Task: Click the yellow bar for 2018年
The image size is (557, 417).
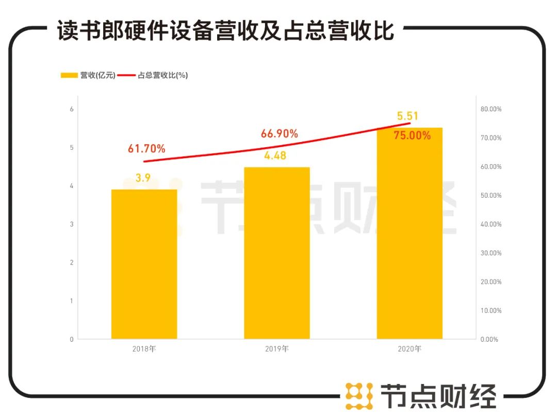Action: pyautogui.click(x=144, y=264)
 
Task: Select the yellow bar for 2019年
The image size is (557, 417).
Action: pyautogui.click(x=277, y=253)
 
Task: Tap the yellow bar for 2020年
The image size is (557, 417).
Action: pyautogui.click(x=409, y=233)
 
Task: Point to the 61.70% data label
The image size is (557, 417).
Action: pyautogui.click(x=146, y=149)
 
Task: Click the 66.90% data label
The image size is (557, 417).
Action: pyautogui.click(x=280, y=134)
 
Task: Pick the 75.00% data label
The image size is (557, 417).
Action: pyautogui.click(x=412, y=136)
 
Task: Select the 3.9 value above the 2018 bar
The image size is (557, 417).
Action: pyautogui.click(x=143, y=179)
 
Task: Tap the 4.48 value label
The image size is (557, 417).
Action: pyautogui.click(x=275, y=155)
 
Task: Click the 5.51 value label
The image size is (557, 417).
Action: pyautogui.click(x=407, y=116)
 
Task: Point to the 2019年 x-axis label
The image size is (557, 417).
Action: pyautogui.click(x=277, y=349)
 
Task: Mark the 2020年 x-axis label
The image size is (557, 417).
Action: pyautogui.click(x=409, y=349)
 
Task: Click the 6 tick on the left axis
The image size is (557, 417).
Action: pyautogui.click(x=72, y=109)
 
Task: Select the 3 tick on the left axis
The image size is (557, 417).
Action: pyautogui.click(x=72, y=224)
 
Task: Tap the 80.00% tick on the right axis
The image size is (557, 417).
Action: pyautogui.click(x=490, y=109)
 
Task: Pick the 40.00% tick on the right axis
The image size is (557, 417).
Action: pyautogui.click(x=490, y=224)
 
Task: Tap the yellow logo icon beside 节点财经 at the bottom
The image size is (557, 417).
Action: pyautogui.click(x=359, y=396)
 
